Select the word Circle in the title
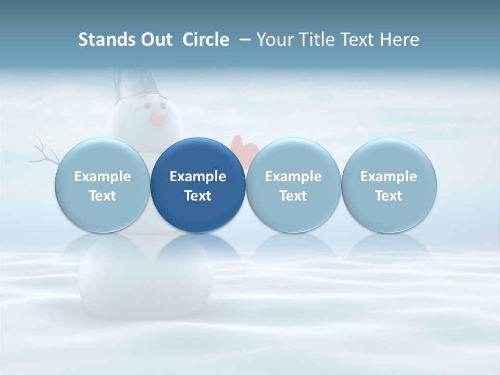[x=206, y=40]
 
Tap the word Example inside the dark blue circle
[x=198, y=177]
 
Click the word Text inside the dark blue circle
[x=198, y=196]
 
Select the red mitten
[x=244, y=147]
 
